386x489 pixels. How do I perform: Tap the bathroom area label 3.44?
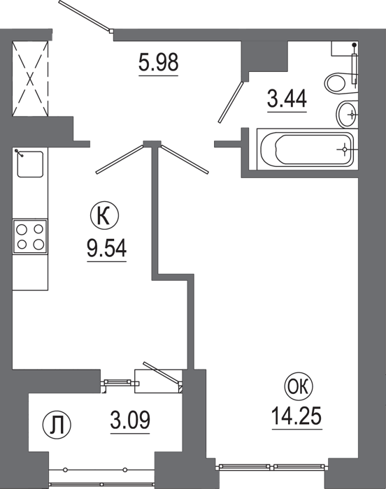coord(287,98)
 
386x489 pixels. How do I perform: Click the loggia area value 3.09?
coord(130,420)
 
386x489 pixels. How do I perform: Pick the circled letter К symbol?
coord(104,217)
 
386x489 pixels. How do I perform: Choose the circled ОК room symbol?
coord(299,388)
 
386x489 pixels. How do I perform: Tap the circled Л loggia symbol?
coord(57,425)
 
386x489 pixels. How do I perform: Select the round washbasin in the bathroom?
coord(348,114)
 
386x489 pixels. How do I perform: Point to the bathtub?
coord(307,149)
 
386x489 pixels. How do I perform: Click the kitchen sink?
coord(30,164)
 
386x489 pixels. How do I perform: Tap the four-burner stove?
coord(30,236)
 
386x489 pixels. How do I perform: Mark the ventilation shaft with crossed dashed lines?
coord(30,78)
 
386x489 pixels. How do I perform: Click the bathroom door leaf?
coord(231,102)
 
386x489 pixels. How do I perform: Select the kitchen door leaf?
coord(120,159)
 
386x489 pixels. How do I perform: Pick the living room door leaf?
coord(184,159)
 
